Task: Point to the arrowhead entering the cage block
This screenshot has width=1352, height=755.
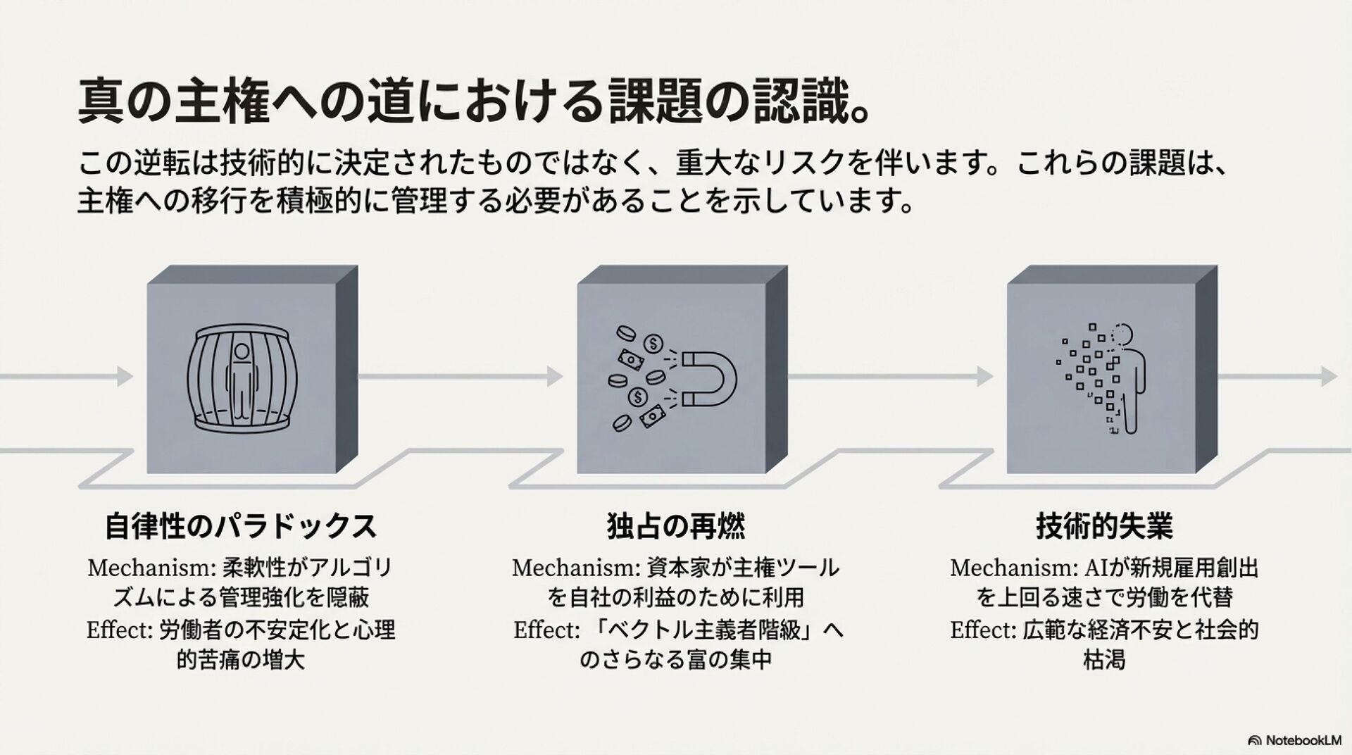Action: (125, 377)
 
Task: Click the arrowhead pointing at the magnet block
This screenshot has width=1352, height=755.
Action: (555, 377)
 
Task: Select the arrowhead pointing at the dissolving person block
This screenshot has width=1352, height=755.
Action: (984, 377)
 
